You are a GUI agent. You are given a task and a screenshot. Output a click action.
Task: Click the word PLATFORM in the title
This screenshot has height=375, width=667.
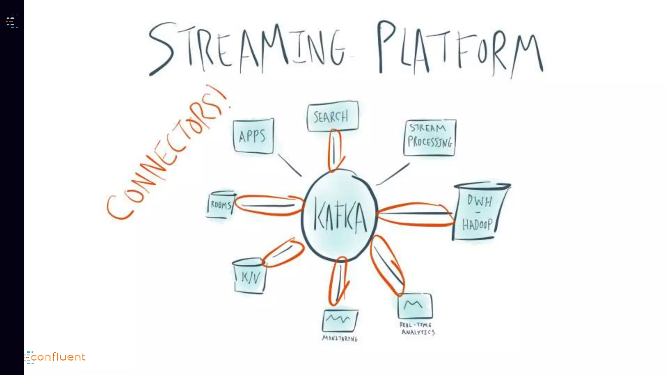pos(459,49)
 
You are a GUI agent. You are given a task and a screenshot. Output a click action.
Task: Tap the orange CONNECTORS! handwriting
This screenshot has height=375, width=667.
pos(166,153)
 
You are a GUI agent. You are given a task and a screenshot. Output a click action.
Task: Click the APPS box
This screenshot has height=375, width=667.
pos(253,136)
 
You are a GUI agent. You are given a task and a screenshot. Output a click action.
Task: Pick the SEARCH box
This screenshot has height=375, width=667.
pos(332,116)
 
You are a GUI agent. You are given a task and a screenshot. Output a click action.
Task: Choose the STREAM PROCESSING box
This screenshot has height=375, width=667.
pos(430,137)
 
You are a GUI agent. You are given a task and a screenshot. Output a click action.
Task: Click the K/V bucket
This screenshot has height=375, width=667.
pos(250,277)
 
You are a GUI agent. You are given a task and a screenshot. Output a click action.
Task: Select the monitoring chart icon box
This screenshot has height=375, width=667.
pos(340,320)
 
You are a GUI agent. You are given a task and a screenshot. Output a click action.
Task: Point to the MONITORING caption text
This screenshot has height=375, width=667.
pos(340,339)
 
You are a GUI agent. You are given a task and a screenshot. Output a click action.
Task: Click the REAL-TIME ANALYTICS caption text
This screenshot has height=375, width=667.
pos(417,329)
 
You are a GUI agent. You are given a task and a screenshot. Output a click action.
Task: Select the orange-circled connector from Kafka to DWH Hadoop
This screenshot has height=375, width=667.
pos(415,214)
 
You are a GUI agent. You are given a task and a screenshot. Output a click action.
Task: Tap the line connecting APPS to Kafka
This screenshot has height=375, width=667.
pos(290,165)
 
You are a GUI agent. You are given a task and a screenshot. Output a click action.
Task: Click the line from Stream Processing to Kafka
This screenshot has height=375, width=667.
pos(393,174)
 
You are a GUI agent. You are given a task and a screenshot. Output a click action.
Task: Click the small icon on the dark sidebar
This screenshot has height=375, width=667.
pos(12,21)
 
